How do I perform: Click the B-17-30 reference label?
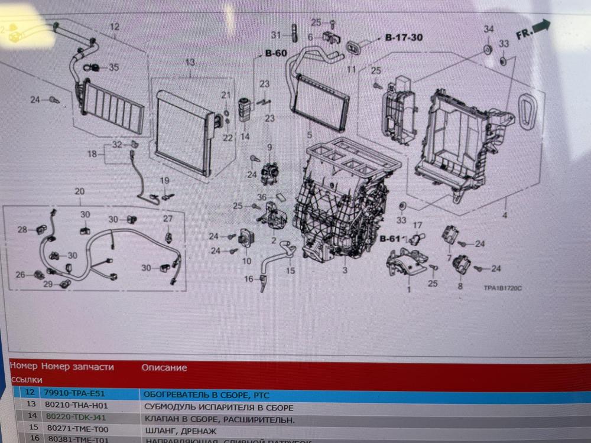pyautogui.click(x=404, y=38)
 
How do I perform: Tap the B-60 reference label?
pyautogui.click(x=275, y=54)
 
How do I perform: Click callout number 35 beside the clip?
pyautogui.click(x=113, y=67)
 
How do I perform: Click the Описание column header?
pyautogui.click(x=164, y=367)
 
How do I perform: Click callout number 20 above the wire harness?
pyautogui.click(x=80, y=191)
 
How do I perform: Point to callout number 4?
pyautogui.click(x=504, y=215)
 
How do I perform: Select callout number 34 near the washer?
pyautogui.click(x=489, y=30)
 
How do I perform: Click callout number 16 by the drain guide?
pyautogui.click(x=248, y=279)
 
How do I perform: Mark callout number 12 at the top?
pyautogui.click(x=115, y=27)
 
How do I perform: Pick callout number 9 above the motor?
pyautogui.click(x=269, y=147)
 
